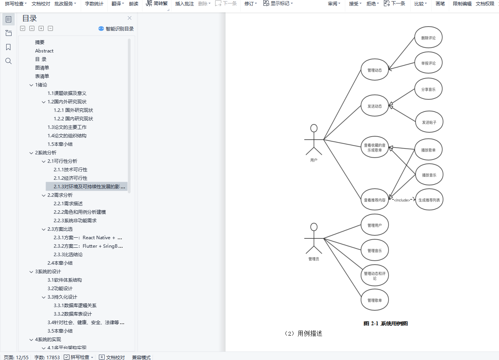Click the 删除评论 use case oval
[x=428, y=38]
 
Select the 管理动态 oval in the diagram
[x=374, y=70]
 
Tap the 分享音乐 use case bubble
[x=428, y=89]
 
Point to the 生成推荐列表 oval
[x=429, y=200]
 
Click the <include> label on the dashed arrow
[x=402, y=200]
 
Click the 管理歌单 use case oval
[x=374, y=300]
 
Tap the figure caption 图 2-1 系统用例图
[x=385, y=323]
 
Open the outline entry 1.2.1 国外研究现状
[x=73, y=110]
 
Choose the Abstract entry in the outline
[x=44, y=51]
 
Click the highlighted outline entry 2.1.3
[x=89, y=187]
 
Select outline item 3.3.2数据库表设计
[x=73, y=314]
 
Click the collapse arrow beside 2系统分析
[x=31, y=153]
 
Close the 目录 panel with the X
[x=129, y=18]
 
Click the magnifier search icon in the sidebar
[x=8, y=61]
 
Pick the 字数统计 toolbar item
[x=94, y=4]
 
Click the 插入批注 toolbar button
[x=184, y=4]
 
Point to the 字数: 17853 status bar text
[x=47, y=357]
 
